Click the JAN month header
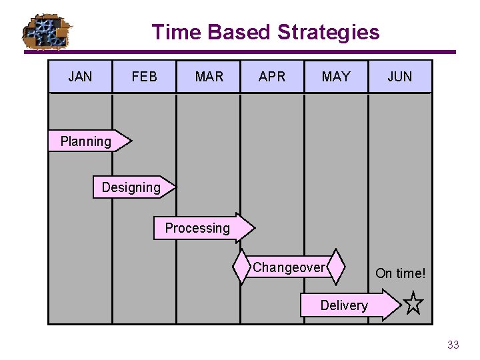click(x=80, y=77)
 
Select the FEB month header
click(x=144, y=77)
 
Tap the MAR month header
click(x=209, y=77)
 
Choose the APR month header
click(x=272, y=77)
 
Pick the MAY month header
click(x=336, y=77)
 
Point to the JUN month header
click(x=400, y=77)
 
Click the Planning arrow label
click(x=87, y=141)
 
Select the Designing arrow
click(x=132, y=187)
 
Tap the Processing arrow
click(x=200, y=228)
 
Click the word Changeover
click(x=289, y=267)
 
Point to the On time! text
click(x=400, y=273)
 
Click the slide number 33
click(x=453, y=345)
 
